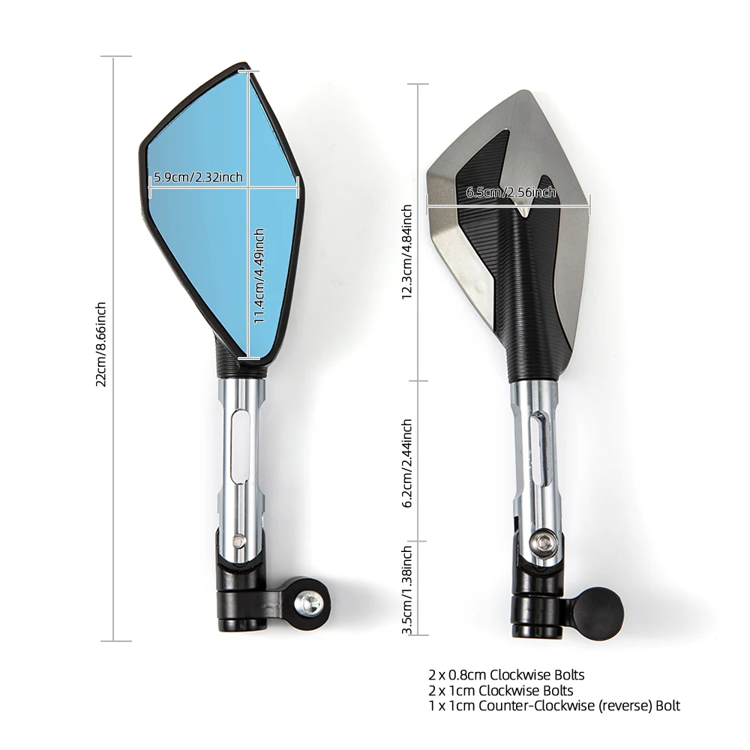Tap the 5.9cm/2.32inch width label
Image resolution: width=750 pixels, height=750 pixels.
[x=198, y=177]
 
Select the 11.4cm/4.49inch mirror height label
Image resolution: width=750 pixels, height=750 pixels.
[x=259, y=275]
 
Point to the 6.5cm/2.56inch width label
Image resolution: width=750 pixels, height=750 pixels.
[x=511, y=193]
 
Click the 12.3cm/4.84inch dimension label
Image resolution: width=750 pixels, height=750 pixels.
[x=407, y=251]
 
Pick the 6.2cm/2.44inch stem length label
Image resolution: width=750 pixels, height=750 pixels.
[x=407, y=463]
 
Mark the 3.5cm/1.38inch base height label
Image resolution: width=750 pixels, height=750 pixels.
[x=407, y=589]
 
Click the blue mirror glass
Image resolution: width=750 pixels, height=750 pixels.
[x=210, y=247]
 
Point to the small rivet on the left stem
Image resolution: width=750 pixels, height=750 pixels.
[x=239, y=538]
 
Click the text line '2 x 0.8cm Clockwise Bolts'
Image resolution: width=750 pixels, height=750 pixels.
[x=506, y=675]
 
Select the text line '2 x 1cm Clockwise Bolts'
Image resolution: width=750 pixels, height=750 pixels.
[x=501, y=690]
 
